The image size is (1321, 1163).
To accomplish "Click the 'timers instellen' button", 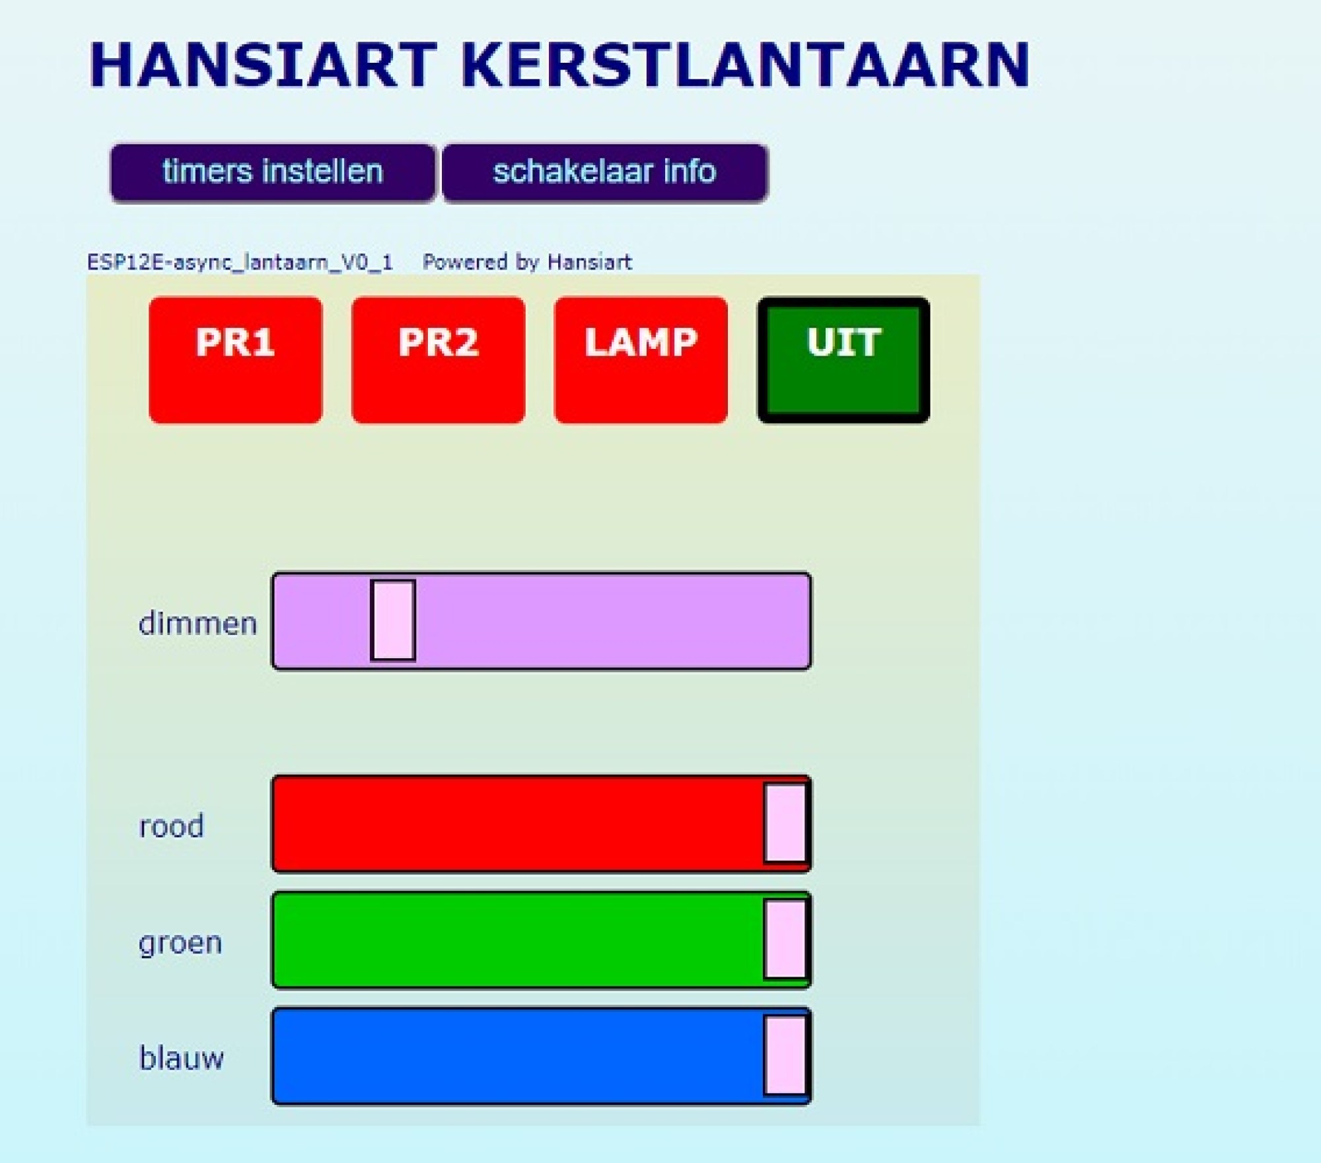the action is pos(273,172).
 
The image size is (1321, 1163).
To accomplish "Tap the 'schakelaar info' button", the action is pos(604,172).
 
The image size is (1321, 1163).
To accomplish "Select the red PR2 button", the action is pos(438,359).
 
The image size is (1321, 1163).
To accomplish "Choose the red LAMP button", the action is pos(641,359).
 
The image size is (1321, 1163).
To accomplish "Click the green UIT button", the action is pos(843,359).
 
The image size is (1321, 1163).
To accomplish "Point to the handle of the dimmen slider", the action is pos(393,620).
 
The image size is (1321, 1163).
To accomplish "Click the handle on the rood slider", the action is pos(785,823).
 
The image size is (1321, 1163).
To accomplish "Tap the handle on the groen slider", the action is pos(785,939).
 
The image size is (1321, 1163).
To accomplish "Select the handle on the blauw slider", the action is pos(785,1055).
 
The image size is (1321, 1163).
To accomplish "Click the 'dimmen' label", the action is pos(197,623).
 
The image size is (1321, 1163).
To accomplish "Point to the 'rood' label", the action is pos(171,826).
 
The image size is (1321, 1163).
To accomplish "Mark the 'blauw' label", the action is pos(181,1058).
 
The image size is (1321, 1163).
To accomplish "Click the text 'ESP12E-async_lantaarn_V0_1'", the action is pos(240,262).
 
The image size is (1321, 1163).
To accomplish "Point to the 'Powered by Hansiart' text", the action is pos(527,262).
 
